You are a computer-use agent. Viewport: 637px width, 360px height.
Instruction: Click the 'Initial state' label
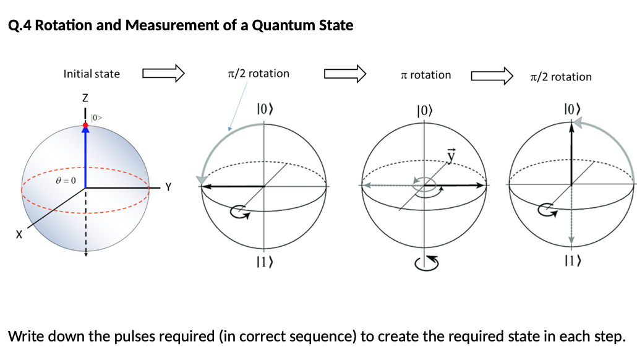pos(92,74)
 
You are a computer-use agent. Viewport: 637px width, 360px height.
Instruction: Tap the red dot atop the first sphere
pos(86,125)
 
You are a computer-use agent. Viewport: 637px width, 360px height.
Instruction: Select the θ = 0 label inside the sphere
pos(65,180)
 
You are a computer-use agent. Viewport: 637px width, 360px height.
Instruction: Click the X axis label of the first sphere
pos(19,234)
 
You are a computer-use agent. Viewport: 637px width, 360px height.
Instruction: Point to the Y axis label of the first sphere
pos(168,186)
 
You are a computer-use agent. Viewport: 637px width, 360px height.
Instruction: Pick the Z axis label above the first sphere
pos(85,98)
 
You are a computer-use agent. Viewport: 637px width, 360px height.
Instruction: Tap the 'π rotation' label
pos(426,75)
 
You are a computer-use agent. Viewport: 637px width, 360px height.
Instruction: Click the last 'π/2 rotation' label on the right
pos(560,77)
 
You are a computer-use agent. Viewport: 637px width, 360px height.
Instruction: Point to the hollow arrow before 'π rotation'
pos(345,74)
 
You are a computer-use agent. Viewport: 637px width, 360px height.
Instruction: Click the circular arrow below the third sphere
pos(427,262)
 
